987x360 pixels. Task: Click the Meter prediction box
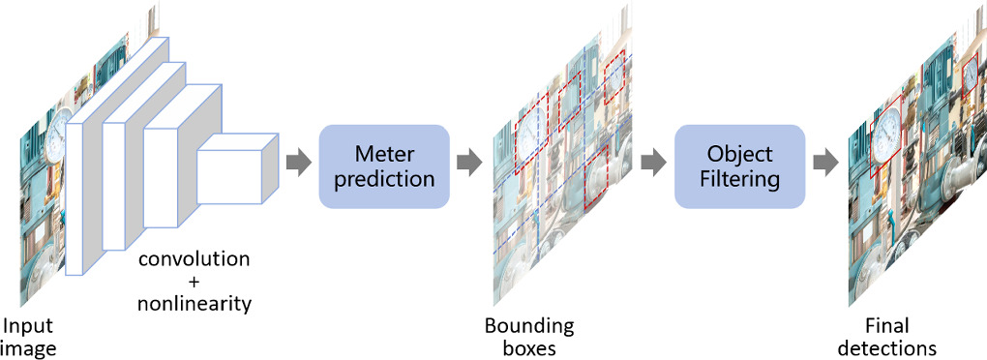(x=384, y=165)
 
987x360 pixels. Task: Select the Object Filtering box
(x=739, y=165)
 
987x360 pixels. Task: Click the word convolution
(x=194, y=260)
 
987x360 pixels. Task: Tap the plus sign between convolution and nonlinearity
(x=194, y=282)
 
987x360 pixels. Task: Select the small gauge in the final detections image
(x=971, y=77)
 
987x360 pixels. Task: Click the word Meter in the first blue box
(x=384, y=154)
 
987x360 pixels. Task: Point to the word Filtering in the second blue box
(x=739, y=178)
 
